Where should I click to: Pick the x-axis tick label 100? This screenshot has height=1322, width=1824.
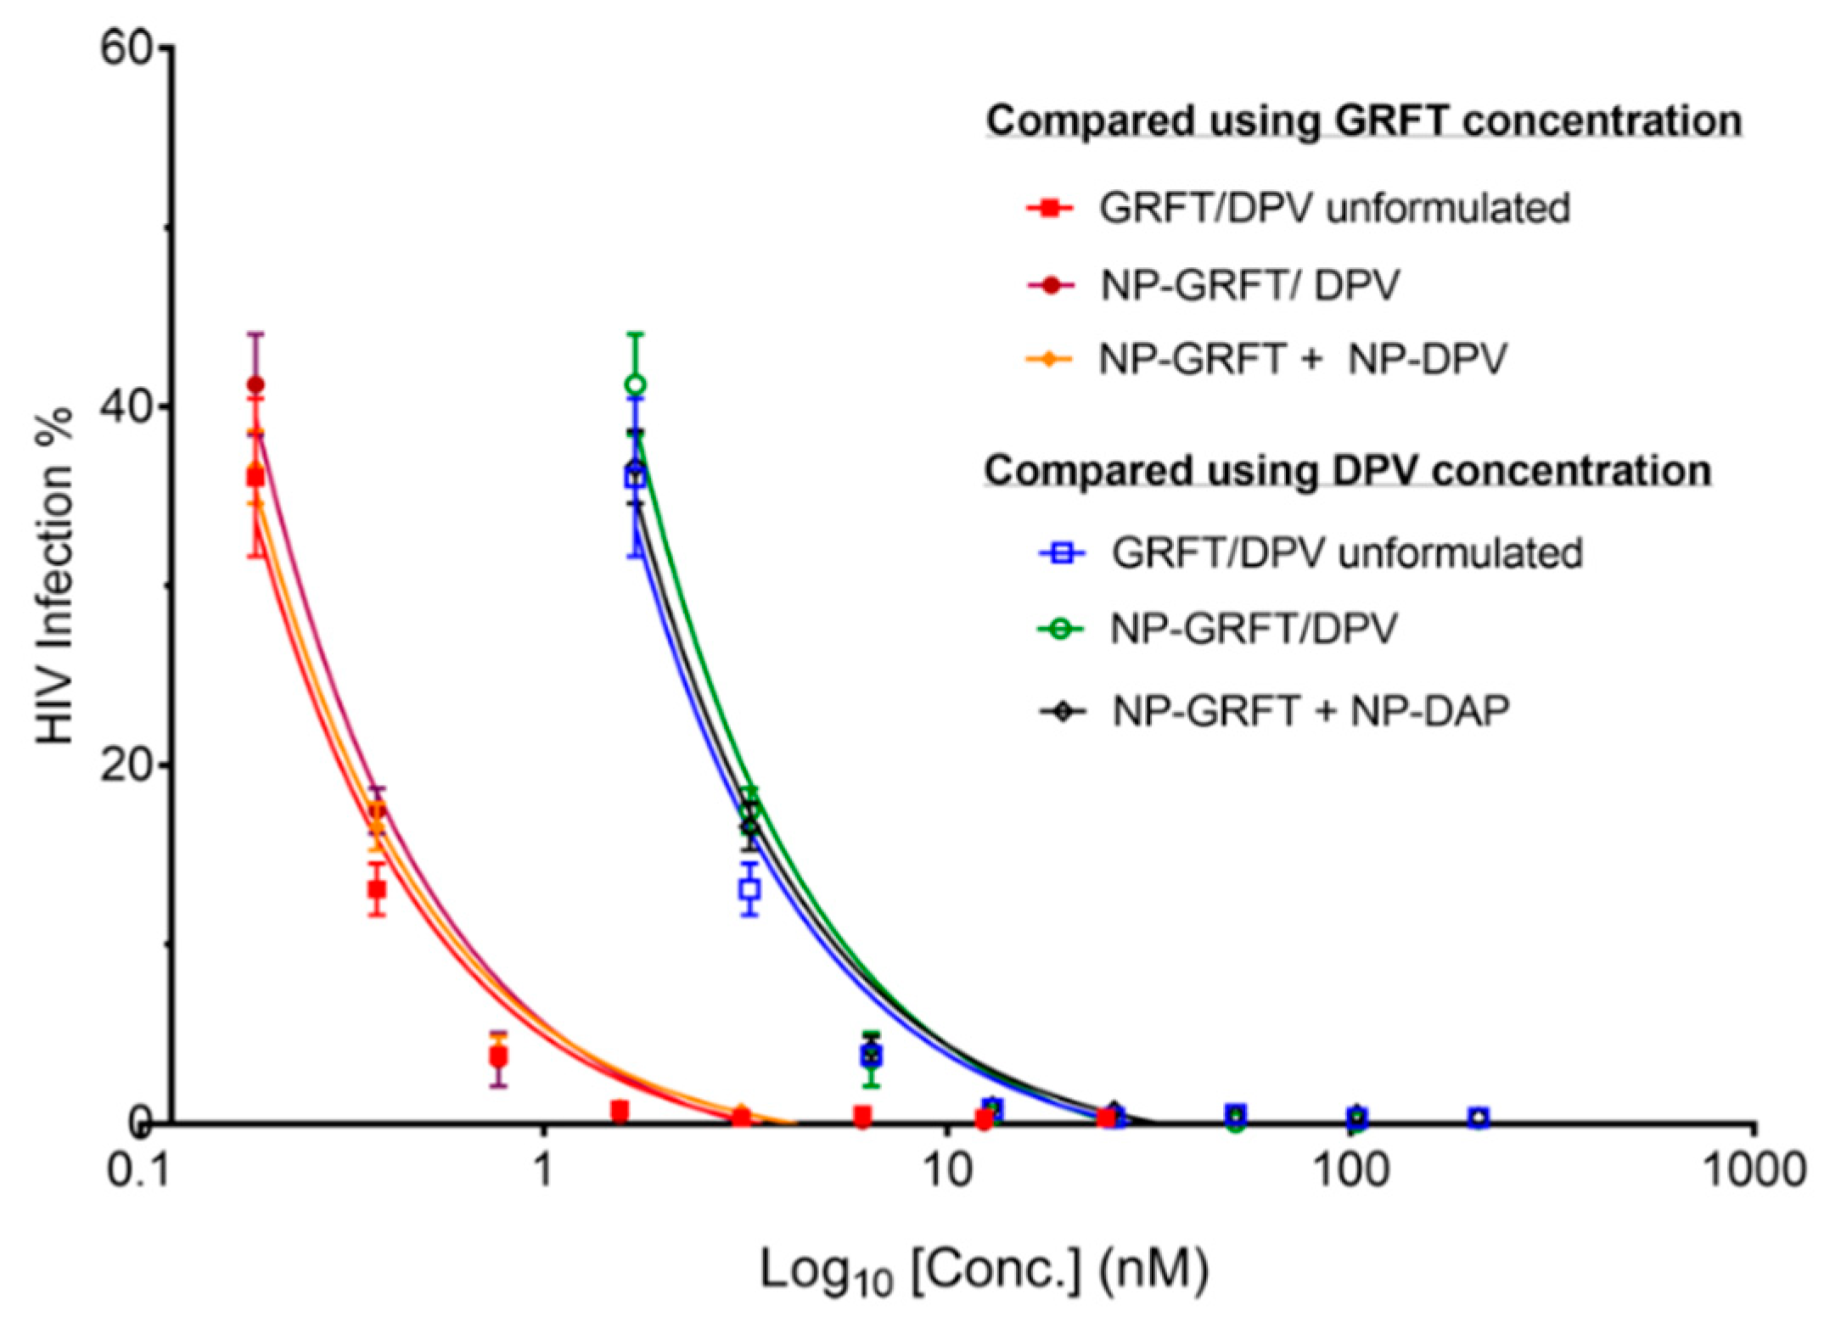click(x=1351, y=1172)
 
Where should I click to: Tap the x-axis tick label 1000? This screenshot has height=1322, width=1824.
click(x=1755, y=1172)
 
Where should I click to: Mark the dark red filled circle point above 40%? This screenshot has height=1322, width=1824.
click(x=255, y=385)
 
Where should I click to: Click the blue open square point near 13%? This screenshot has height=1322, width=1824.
click(x=749, y=890)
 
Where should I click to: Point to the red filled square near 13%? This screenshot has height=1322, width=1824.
click(x=377, y=890)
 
